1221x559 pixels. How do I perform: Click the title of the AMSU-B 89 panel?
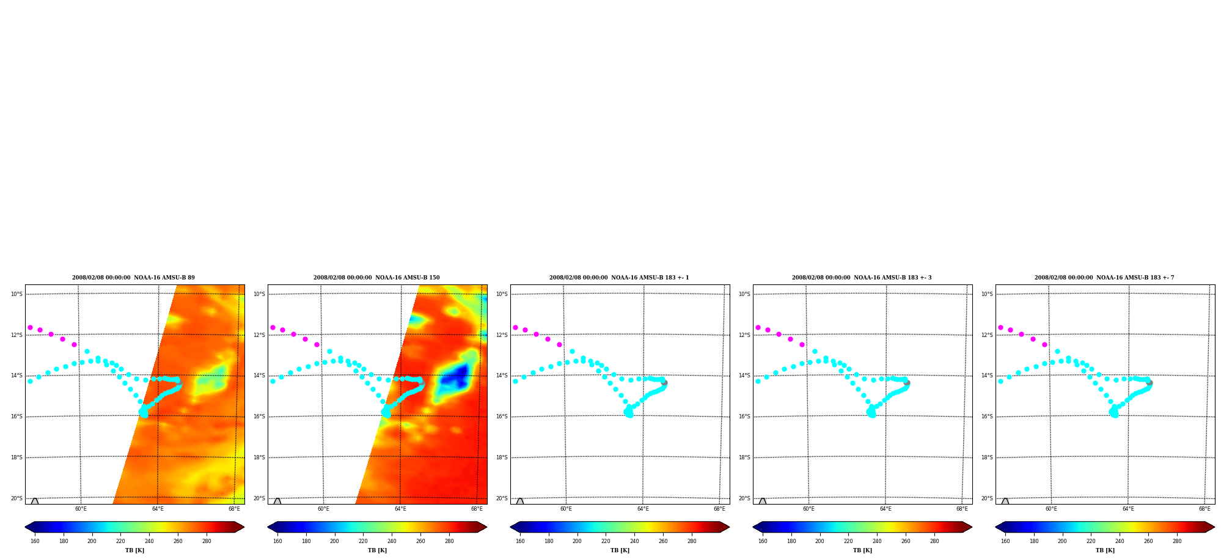click(133, 278)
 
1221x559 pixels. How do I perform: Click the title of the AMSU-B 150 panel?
click(376, 278)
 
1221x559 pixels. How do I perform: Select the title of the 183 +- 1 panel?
click(619, 278)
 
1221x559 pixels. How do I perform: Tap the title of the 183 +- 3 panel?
click(862, 278)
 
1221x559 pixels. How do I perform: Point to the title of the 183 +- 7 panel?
click(1104, 278)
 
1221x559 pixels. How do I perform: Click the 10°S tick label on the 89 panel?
click(16, 294)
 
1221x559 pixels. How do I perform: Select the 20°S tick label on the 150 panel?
click(259, 498)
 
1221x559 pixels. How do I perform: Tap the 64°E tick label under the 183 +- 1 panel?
click(643, 509)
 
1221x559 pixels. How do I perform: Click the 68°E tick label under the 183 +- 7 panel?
click(1204, 509)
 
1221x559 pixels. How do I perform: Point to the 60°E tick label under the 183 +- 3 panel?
click(809, 509)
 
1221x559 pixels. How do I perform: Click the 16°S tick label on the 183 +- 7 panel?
click(987, 416)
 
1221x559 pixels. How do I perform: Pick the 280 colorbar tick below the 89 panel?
click(207, 541)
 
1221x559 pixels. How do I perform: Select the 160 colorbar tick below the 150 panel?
click(277, 541)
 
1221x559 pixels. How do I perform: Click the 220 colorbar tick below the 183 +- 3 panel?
click(848, 541)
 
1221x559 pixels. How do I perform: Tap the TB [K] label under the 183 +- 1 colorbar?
click(620, 550)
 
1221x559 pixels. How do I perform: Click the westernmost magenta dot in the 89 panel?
click(30, 328)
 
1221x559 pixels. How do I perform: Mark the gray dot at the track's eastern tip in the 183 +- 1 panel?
click(664, 382)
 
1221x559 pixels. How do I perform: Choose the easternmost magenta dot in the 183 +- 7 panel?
click(1044, 344)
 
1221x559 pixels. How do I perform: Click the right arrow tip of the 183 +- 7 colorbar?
click(1214, 527)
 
